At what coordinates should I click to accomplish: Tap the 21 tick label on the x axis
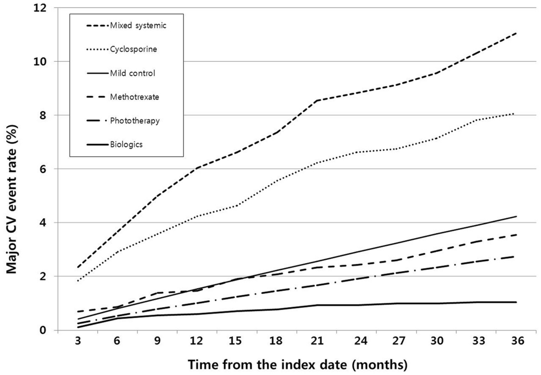(x=317, y=343)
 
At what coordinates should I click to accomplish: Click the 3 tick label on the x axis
(x=78, y=343)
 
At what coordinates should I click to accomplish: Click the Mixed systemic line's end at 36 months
(x=517, y=33)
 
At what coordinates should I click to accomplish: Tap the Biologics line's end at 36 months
(x=517, y=302)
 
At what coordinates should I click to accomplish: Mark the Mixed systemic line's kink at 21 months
(x=317, y=101)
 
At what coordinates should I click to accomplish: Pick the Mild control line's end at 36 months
(x=517, y=216)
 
